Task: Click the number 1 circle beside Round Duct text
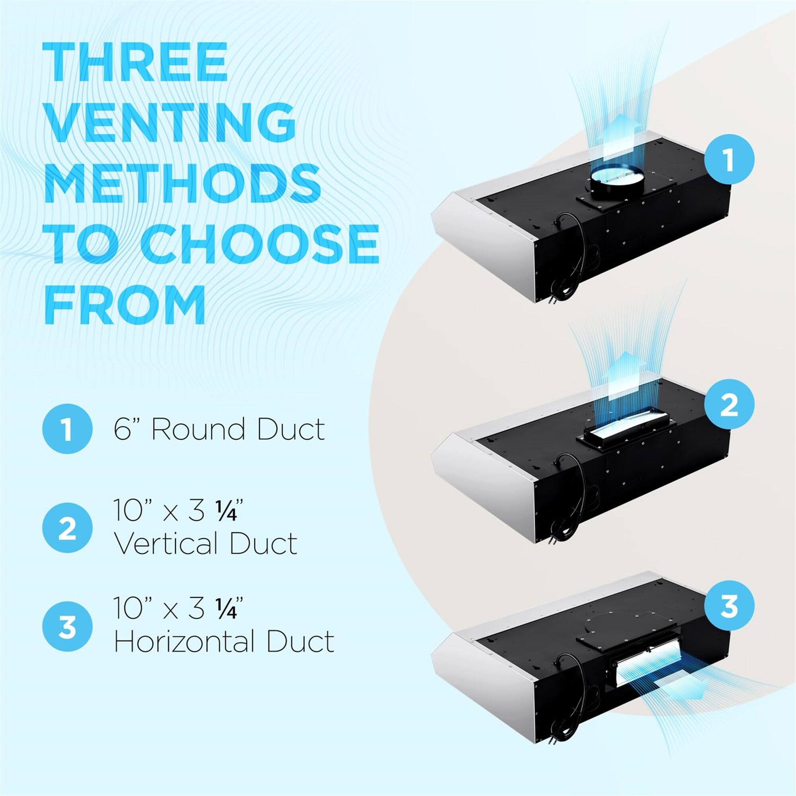click(67, 429)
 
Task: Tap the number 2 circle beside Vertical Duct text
click(67, 528)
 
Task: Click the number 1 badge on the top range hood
click(729, 160)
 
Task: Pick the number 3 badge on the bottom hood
click(729, 606)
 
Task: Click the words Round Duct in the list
click(238, 429)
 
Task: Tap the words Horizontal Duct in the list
click(224, 641)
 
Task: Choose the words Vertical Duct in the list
click(205, 542)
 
